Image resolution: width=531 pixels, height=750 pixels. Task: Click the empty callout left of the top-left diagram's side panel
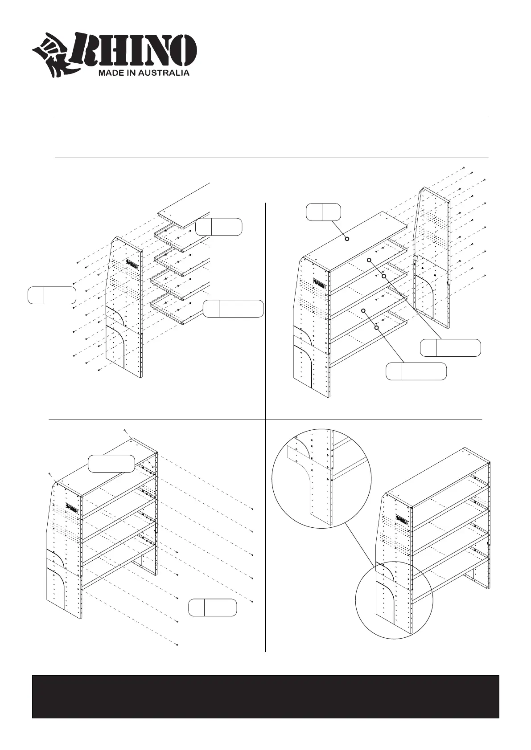[52, 296]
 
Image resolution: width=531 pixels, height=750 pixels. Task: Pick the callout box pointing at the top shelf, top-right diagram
[323, 212]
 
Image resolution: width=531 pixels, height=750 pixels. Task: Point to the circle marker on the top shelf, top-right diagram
[347, 239]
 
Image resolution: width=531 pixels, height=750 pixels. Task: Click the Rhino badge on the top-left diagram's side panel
[132, 264]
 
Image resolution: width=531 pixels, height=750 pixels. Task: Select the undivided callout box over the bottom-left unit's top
[111, 463]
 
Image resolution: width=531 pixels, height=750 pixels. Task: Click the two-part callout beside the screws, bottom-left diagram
[212, 607]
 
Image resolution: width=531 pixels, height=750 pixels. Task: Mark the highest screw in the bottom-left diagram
[125, 431]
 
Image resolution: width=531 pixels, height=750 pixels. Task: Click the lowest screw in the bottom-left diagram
[177, 645]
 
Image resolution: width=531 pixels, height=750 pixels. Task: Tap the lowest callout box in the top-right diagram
[416, 371]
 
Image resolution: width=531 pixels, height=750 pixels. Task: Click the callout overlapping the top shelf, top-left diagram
[219, 226]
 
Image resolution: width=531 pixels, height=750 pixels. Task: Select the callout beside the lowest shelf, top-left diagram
[233, 309]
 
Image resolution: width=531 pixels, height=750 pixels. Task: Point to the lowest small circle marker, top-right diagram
[377, 328]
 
